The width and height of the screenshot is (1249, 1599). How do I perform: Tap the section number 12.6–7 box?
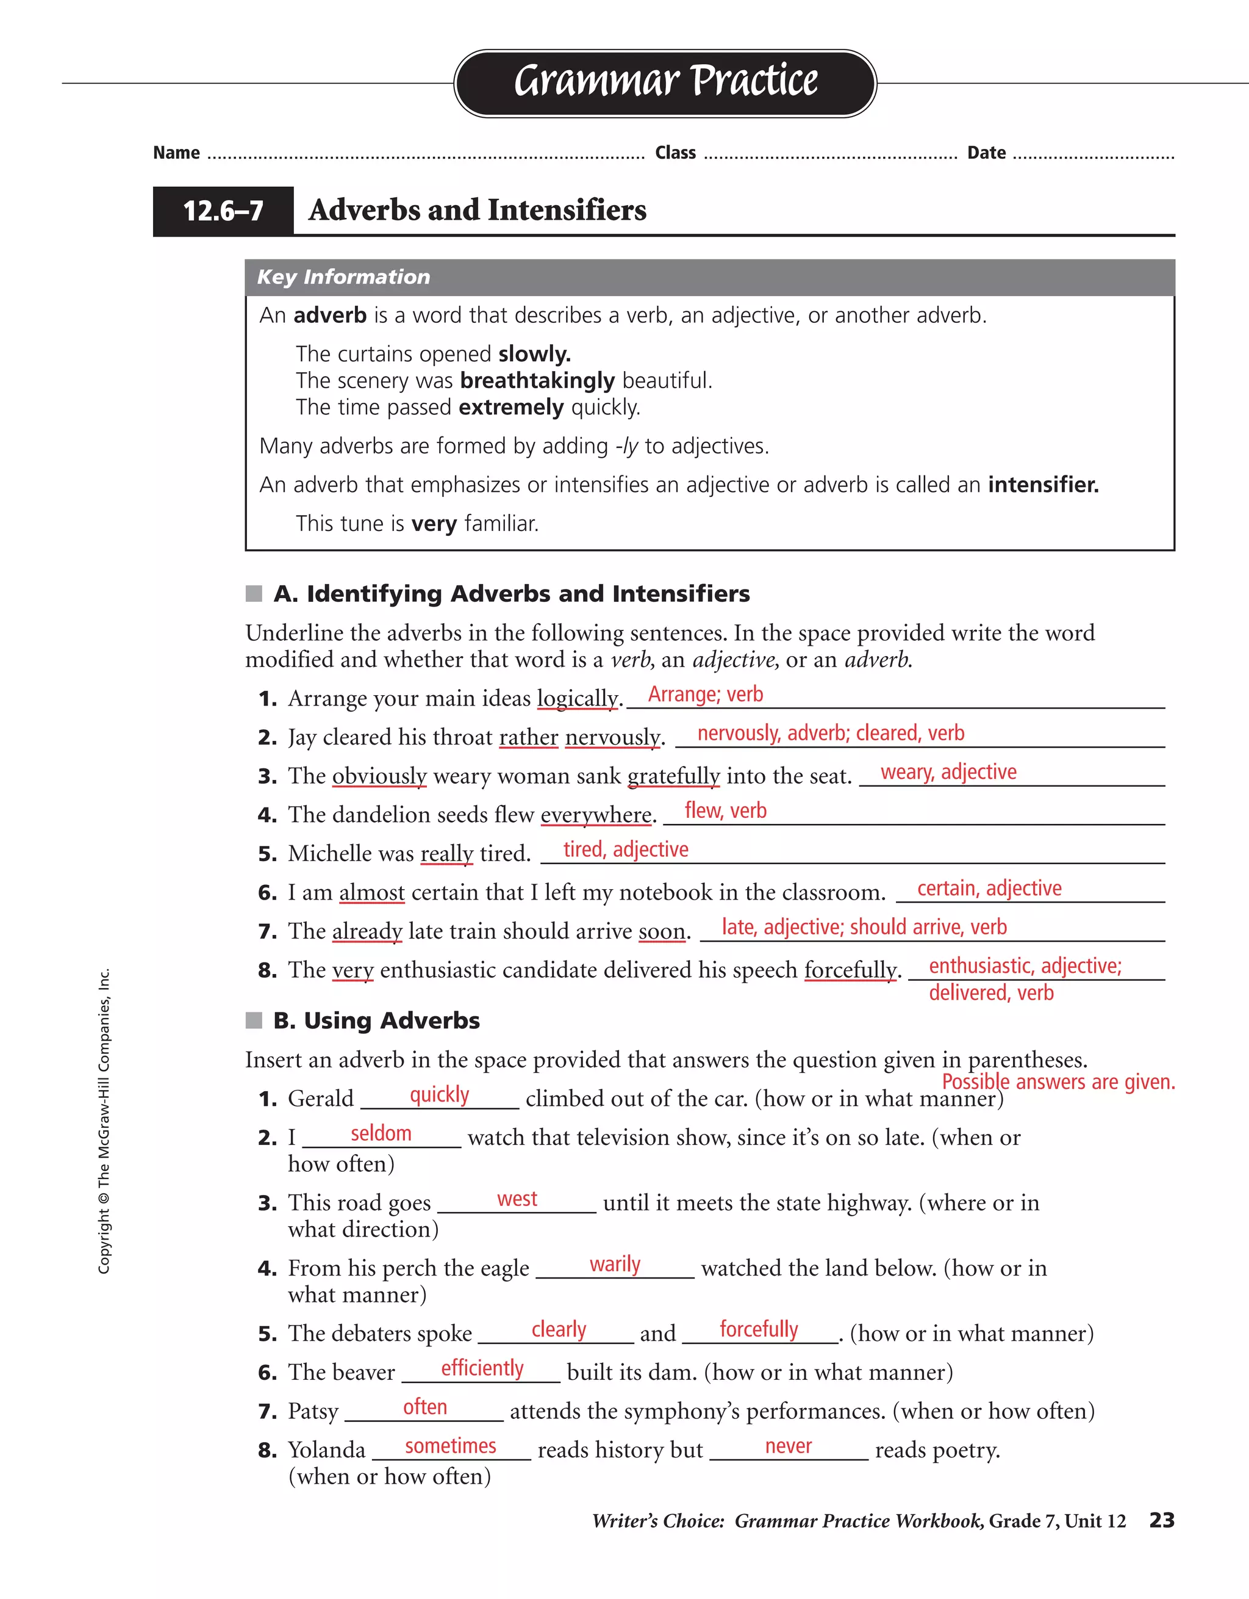pos(223,211)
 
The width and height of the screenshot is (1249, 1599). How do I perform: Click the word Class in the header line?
pos(675,153)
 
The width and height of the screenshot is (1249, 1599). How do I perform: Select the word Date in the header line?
pos(986,153)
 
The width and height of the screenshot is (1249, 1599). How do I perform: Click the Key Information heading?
pos(343,276)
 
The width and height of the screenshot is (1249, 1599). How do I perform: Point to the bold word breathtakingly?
pos(537,381)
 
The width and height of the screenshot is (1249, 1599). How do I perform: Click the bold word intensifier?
pos(1043,485)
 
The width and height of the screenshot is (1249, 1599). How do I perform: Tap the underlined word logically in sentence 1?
pos(578,698)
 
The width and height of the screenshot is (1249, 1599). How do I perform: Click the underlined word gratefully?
pos(673,776)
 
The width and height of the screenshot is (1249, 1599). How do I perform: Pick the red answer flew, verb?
pos(725,810)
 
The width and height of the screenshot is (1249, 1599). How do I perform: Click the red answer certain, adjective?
pos(989,888)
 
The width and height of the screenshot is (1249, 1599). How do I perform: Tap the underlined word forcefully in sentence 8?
pos(850,970)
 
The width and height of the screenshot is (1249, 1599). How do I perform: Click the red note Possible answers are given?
pos(1058,1081)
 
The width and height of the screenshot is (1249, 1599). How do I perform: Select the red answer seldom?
pos(381,1133)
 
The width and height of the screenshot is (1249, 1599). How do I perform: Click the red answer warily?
pos(615,1264)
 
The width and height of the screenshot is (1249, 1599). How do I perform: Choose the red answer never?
pos(788,1445)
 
